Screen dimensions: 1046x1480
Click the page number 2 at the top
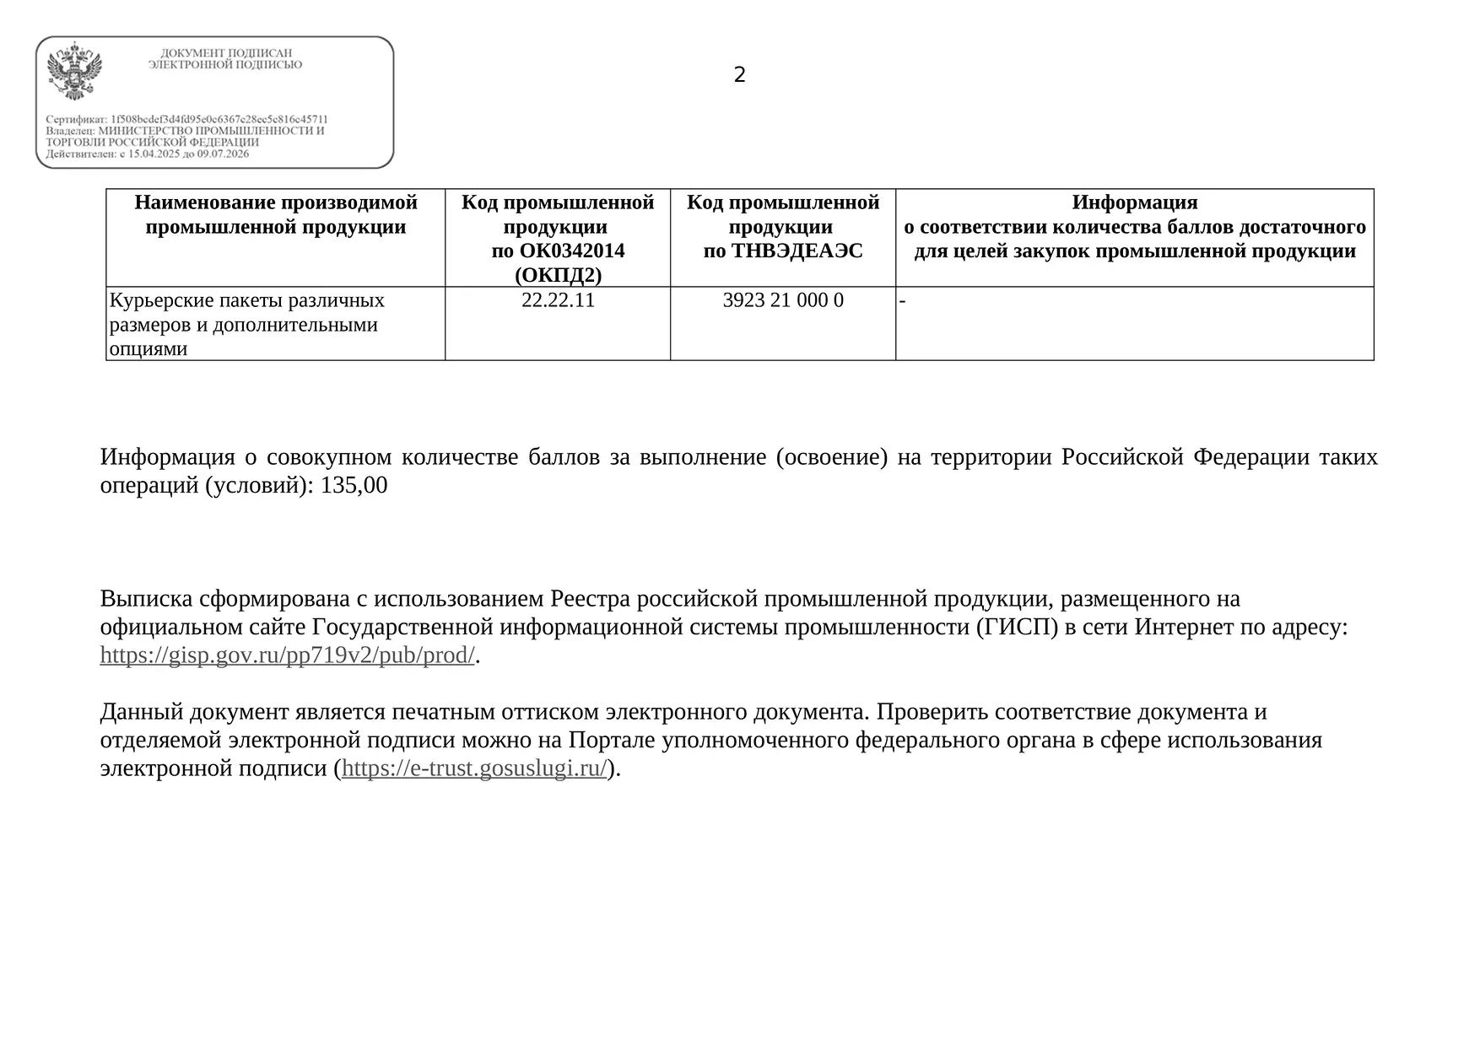pos(739,75)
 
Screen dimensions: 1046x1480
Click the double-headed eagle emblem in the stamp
pos(74,71)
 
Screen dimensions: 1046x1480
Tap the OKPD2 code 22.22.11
pos(558,300)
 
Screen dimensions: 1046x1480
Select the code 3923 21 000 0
pos(782,300)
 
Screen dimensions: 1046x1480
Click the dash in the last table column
pos(902,300)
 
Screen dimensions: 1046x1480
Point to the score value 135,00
pos(354,485)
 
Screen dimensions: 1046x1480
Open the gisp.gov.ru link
pos(287,655)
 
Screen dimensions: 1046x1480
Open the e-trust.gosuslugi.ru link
pos(474,768)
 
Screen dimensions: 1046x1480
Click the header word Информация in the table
pos(1134,202)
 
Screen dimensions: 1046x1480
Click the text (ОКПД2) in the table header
pos(558,275)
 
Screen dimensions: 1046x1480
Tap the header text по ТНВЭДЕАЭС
pos(782,251)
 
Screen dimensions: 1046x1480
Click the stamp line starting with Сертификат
pos(186,120)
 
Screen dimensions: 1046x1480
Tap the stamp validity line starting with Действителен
pos(148,154)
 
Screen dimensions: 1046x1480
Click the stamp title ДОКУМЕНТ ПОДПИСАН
pos(226,53)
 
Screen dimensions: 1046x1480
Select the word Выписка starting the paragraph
pos(147,599)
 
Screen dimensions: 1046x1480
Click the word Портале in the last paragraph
pos(612,740)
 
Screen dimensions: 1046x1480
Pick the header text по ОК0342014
pos(558,251)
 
